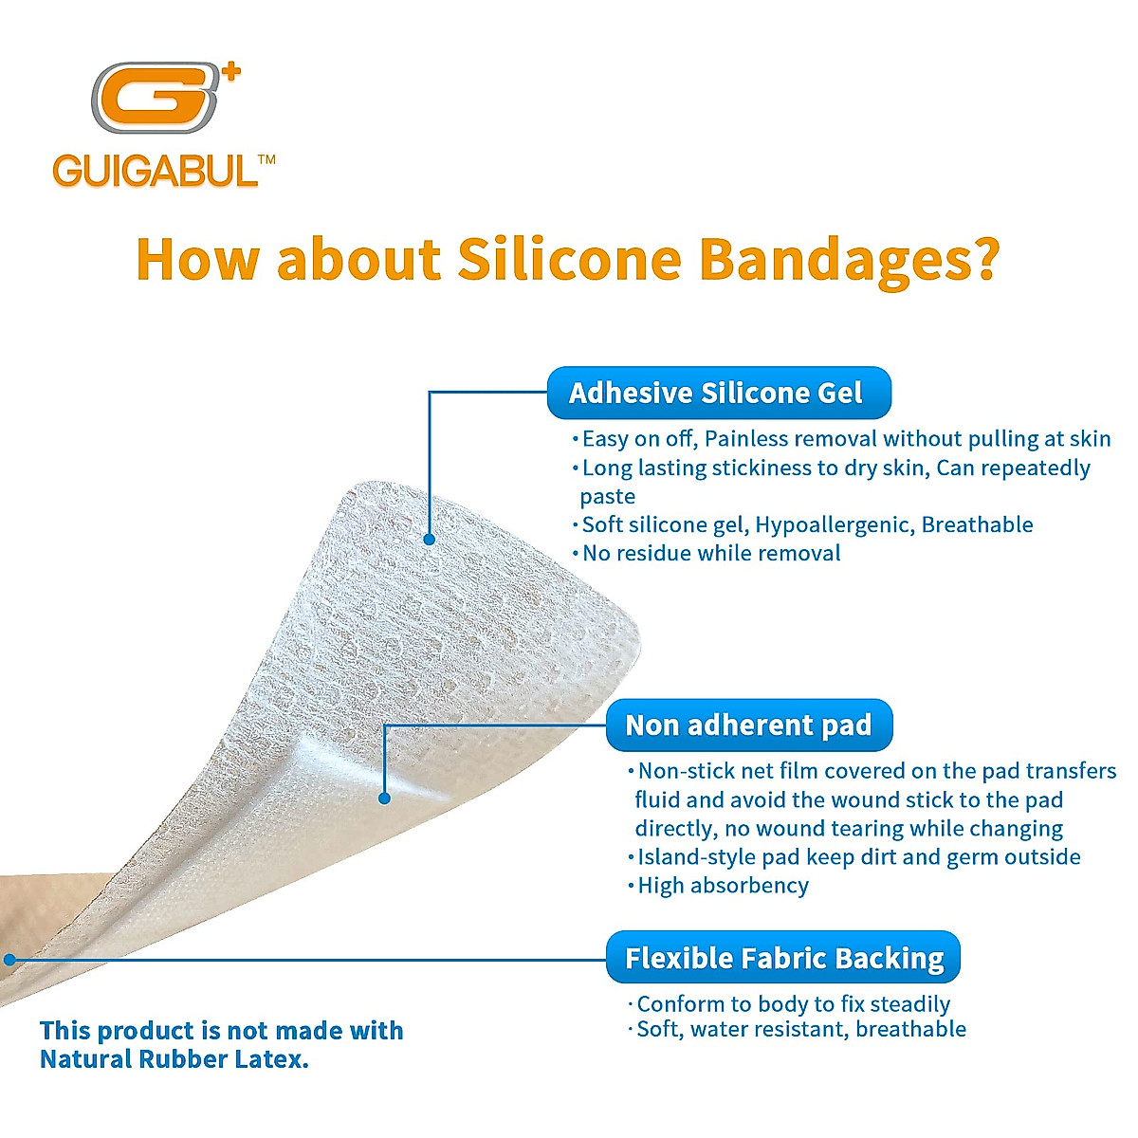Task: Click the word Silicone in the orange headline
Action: tap(570, 259)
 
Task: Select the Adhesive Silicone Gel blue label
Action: tap(718, 393)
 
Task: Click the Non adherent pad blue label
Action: tap(748, 725)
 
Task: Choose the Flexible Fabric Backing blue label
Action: tap(783, 958)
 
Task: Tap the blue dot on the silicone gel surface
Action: tap(429, 539)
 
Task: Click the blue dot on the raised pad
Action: tap(384, 798)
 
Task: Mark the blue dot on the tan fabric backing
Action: tap(9, 960)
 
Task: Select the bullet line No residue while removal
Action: tap(710, 553)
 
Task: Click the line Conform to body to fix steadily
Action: tap(793, 1004)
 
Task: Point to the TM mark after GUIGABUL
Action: tap(266, 160)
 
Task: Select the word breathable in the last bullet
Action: tap(910, 1029)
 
